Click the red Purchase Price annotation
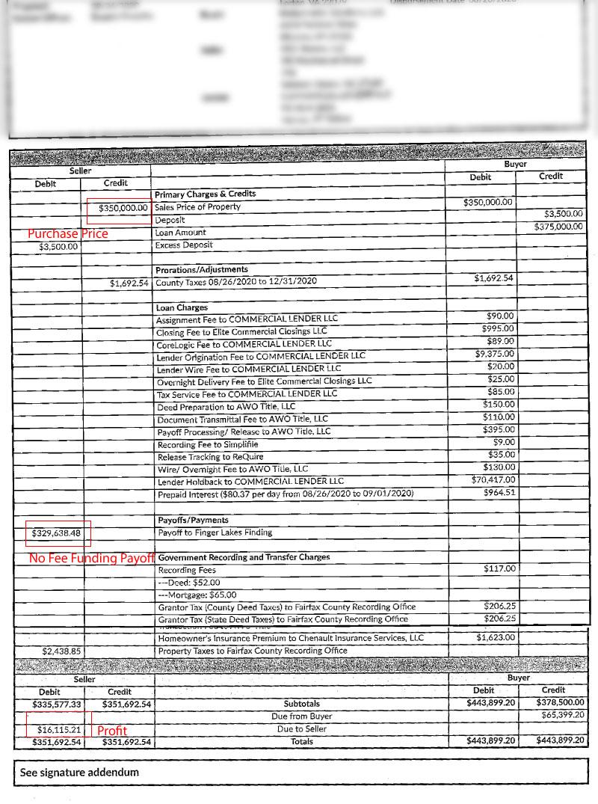[x=68, y=234]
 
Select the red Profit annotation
[x=112, y=731]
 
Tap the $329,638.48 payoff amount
[x=56, y=533]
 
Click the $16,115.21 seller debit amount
[x=59, y=729]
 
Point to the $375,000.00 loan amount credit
[x=559, y=227]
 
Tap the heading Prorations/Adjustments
[x=202, y=269]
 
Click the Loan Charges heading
[x=182, y=307]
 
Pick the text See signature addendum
[x=79, y=773]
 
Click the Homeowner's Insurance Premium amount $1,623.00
[x=496, y=638]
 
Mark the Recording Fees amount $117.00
[x=499, y=569]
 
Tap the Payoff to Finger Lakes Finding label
[x=215, y=533]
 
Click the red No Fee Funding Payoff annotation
[x=91, y=559]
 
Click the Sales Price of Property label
[x=198, y=206]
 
